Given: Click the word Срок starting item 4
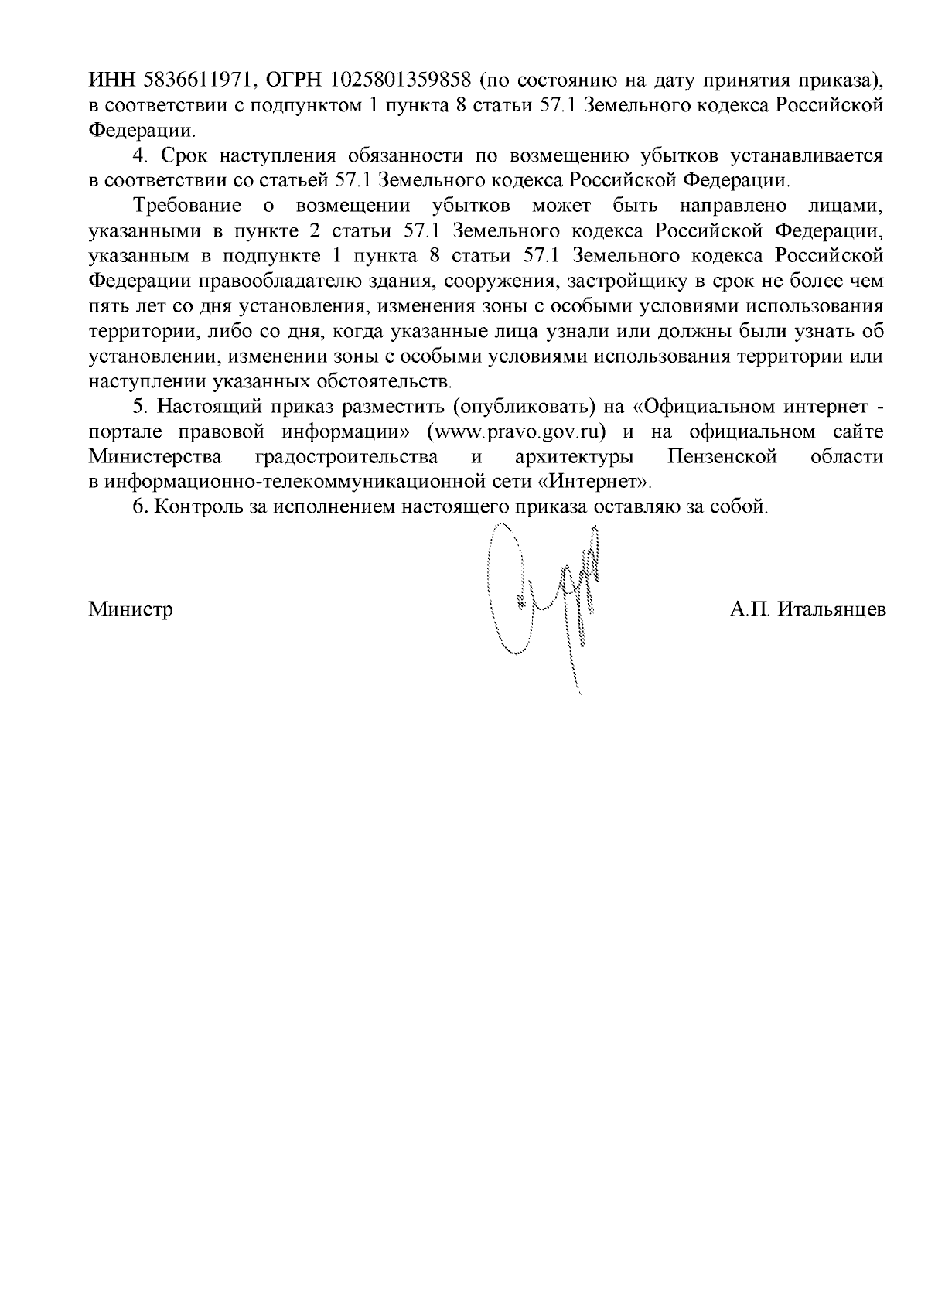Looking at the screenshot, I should pos(183,155).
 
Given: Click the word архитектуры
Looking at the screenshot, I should pos(570,457).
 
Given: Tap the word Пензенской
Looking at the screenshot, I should pos(722,457).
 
